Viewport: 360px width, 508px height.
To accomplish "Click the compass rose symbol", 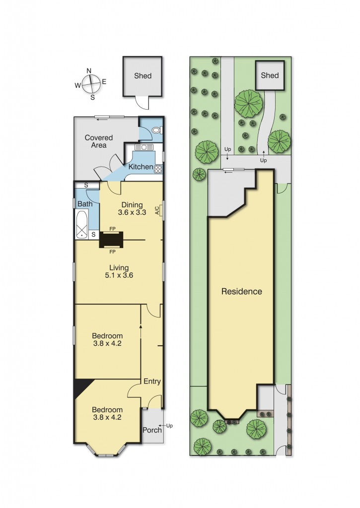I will [90, 84].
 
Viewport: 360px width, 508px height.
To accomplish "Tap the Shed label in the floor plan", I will [143, 76].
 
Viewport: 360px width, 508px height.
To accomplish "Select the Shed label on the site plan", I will [270, 75].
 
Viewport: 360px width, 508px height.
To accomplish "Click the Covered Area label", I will [98, 141].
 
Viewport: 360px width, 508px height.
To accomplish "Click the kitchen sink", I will [144, 147].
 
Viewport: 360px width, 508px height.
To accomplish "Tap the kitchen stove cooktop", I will [158, 169].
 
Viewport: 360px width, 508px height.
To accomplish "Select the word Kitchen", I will [141, 167].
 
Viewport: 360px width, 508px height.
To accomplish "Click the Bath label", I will [85, 204].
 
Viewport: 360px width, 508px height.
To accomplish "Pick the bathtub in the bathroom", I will [81, 224].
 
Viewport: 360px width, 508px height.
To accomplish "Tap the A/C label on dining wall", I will [157, 210].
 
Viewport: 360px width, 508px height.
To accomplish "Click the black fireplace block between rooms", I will [112, 240].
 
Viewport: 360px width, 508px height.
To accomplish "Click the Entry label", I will [152, 381].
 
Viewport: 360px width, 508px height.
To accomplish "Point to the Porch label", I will [152, 430].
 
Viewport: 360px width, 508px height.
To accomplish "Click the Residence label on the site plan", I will [241, 291].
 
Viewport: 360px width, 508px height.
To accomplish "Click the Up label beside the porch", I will [169, 426].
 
